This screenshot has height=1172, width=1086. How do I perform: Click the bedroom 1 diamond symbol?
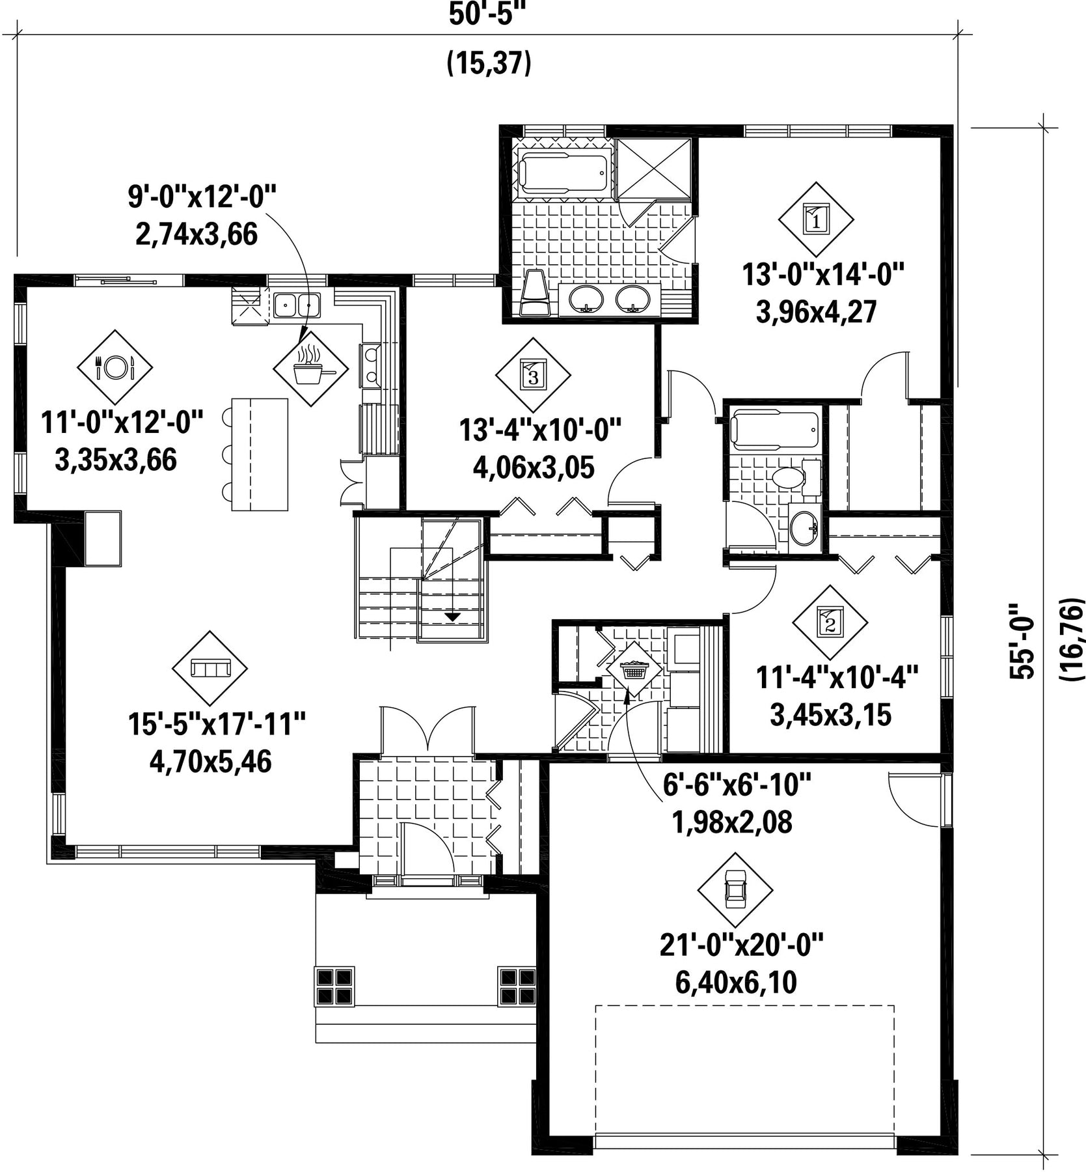click(816, 219)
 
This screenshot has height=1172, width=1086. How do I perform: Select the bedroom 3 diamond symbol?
click(533, 375)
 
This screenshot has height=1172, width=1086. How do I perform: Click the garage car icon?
click(735, 890)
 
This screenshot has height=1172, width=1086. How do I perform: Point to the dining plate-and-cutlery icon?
click(115, 367)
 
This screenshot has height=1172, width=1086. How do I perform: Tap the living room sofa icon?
click(210, 668)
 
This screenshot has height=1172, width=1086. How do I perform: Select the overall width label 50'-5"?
click(487, 16)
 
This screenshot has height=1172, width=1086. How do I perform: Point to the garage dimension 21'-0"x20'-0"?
click(742, 945)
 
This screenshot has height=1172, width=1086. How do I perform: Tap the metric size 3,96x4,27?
click(816, 312)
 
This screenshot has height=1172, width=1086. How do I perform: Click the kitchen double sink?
click(297, 305)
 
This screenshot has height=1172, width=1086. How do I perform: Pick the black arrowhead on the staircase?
click(452, 616)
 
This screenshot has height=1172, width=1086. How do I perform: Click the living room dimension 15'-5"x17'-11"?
click(217, 724)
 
